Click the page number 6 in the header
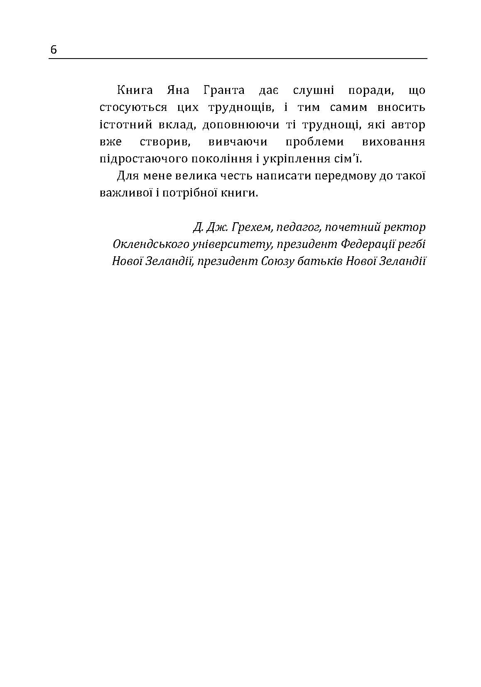[x=54, y=50]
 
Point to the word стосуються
[x=133, y=108]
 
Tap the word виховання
[x=394, y=142]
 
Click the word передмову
[x=343, y=176]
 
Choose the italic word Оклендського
[x=150, y=244]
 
